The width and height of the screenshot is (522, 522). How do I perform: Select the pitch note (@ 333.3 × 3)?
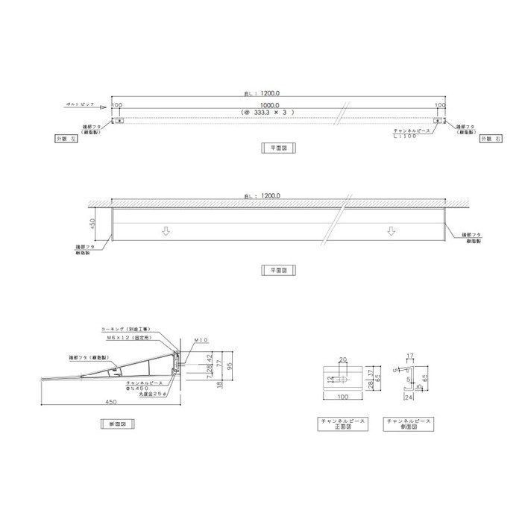264,112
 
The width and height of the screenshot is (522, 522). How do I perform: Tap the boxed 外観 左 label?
66,139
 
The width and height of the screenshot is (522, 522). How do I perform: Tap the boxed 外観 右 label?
488,139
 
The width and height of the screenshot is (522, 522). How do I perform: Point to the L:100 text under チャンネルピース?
412,136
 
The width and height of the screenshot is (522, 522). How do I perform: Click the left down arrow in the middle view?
166,231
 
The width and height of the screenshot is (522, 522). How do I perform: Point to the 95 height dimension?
230,365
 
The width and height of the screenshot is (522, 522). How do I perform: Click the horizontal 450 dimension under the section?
112,401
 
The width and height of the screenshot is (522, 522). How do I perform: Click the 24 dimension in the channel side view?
408,398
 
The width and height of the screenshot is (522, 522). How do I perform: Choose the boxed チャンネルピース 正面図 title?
342,424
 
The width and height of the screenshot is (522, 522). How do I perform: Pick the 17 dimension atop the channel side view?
409,356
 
